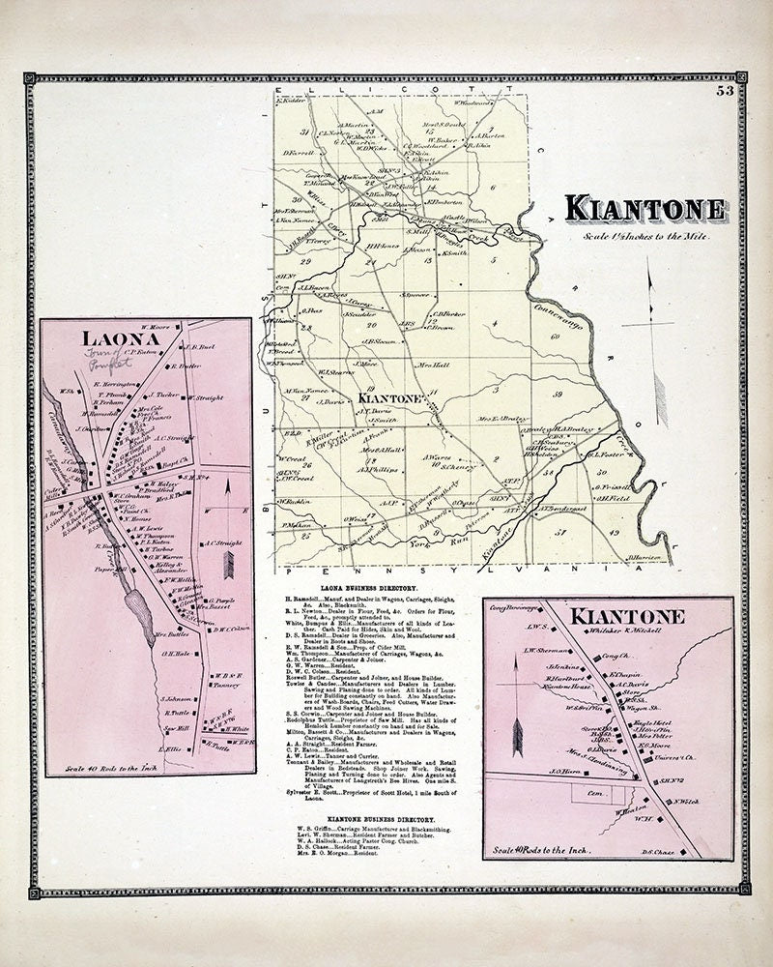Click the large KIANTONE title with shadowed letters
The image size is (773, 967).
coord(645,209)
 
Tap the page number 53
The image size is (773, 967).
coord(724,92)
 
